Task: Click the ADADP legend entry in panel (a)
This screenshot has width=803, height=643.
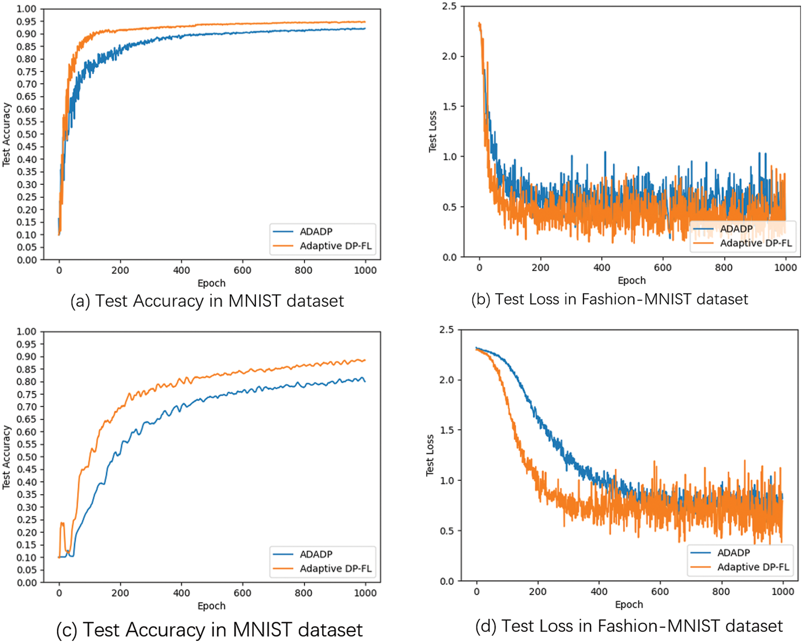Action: [316, 231]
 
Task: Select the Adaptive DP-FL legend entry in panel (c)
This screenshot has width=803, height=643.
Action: [335, 568]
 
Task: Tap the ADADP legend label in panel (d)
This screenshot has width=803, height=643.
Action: [733, 552]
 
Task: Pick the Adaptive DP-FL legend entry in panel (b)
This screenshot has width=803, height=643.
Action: [756, 243]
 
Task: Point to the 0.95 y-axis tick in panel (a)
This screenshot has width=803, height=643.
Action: [27, 21]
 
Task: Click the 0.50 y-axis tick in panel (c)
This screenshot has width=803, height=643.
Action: [27, 457]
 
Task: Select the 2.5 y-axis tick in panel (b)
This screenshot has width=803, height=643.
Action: [449, 6]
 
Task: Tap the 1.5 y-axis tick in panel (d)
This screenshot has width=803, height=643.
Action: [447, 430]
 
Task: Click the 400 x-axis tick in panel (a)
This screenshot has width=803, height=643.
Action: [181, 270]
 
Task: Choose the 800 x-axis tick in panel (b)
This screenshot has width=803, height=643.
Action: [724, 267]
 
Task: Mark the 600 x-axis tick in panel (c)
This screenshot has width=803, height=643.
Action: [242, 593]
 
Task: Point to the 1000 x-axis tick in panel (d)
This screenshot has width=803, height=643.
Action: [782, 592]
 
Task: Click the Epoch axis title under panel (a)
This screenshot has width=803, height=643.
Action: [211, 283]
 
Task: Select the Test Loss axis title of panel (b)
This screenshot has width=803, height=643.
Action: [432, 131]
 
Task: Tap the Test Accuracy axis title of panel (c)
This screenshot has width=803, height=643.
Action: [6, 457]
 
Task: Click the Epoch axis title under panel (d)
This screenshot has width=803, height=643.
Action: [629, 604]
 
